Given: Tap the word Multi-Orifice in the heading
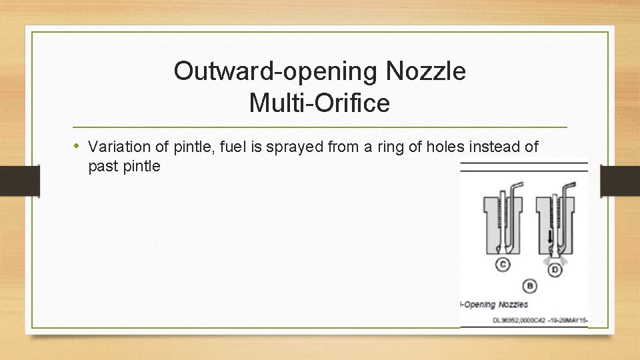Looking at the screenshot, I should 319,103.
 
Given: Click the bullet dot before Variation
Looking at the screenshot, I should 78,146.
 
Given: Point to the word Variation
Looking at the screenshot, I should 117,147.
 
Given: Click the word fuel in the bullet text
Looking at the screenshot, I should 229,147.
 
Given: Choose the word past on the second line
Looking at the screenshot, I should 103,166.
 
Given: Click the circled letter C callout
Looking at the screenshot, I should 503,265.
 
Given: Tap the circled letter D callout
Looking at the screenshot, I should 555,269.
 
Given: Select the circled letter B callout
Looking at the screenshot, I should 530,286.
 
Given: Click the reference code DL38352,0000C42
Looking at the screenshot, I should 518,320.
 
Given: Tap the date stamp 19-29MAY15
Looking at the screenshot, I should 566,320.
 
